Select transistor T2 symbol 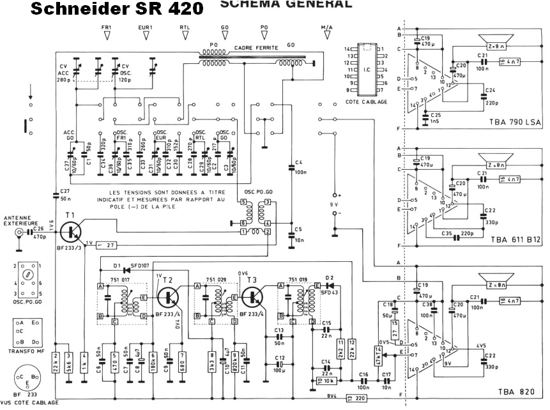171,297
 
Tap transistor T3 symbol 254,298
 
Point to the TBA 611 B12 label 506,240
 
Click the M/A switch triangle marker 326,36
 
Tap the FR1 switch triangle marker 107,36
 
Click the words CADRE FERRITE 253,48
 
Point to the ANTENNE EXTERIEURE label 20,220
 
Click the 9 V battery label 333,204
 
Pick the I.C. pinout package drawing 365,70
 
